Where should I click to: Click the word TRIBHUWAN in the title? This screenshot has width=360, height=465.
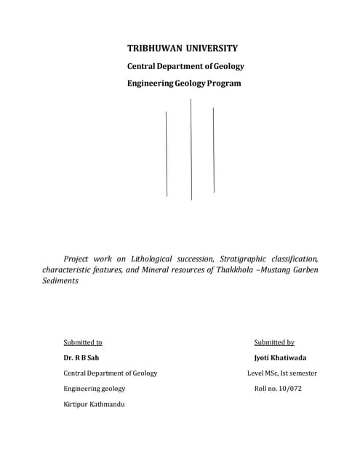(154, 49)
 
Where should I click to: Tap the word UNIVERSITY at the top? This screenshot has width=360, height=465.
(210, 49)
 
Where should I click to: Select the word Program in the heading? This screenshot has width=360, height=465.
(223, 83)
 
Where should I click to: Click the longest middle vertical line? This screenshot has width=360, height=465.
(191, 149)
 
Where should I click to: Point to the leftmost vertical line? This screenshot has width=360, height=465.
(167, 153)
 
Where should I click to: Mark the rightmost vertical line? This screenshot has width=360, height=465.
(214, 150)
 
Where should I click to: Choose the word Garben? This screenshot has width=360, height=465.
(305, 270)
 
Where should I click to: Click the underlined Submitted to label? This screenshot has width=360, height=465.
(82, 341)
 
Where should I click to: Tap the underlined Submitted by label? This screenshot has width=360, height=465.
(274, 341)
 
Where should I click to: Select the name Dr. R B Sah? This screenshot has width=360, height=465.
(81, 357)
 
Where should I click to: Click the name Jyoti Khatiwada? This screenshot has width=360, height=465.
(281, 357)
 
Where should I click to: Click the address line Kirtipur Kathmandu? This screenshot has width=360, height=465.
(94, 404)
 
